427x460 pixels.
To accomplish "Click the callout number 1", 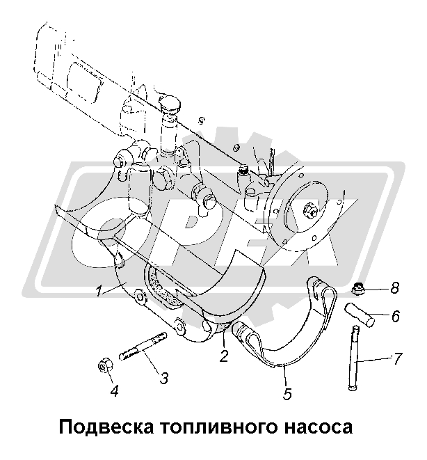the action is click(99, 292).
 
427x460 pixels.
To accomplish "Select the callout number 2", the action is click(224, 356).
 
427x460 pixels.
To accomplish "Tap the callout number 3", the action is click(164, 378).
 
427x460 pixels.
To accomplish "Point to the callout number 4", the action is click(114, 391).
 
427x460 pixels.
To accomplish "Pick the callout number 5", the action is click(287, 394).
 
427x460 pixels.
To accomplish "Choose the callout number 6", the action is click(395, 317).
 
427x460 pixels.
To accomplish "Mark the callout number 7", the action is click(397, 359).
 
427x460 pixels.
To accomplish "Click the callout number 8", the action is click(394, 288).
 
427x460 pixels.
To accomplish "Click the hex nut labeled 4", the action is click(105, 365).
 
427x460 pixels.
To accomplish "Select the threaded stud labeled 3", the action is click(143, 346).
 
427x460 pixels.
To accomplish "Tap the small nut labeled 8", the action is click(357, 290).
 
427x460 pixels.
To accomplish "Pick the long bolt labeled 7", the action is click(354, 358).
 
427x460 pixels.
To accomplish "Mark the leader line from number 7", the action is click(374, 360).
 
